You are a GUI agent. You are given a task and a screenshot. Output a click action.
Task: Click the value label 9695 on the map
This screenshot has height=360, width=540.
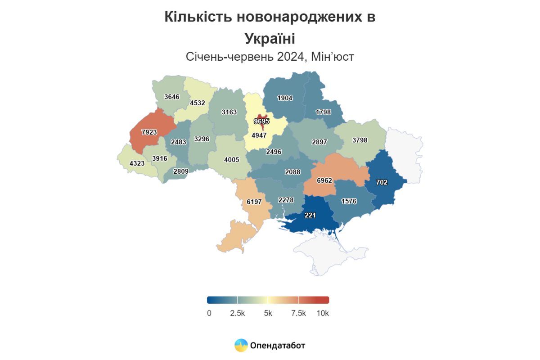[261, 121]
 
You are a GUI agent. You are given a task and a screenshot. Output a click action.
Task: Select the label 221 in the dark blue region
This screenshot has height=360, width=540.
[310, 216]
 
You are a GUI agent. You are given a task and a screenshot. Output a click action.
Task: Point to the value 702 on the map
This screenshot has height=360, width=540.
[382, 182]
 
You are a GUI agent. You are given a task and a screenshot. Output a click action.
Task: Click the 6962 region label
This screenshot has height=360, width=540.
[324, 180]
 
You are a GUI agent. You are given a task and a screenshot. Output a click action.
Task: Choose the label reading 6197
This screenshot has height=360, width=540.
[254, 202]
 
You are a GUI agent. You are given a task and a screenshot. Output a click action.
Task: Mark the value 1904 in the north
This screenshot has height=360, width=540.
[285, 99]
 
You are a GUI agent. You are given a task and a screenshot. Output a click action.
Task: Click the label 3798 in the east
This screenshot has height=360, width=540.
[360, 140]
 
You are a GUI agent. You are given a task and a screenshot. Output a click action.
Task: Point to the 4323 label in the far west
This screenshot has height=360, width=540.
[137, 163]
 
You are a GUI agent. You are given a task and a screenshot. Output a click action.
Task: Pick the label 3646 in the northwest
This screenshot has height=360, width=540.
[172, 96]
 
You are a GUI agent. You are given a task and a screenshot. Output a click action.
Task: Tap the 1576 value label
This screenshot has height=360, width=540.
[349, 201]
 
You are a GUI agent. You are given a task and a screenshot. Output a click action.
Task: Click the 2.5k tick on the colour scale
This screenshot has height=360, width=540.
[237, 313]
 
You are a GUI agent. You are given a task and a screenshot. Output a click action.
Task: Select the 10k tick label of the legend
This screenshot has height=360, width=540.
[323, 313]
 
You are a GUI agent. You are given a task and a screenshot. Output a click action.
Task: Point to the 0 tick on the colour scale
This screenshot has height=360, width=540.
[209, 313]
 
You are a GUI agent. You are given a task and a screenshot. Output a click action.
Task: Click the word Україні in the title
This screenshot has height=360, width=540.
[270, 38]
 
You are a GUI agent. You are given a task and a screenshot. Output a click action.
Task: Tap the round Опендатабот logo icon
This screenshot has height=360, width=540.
[241, 345]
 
